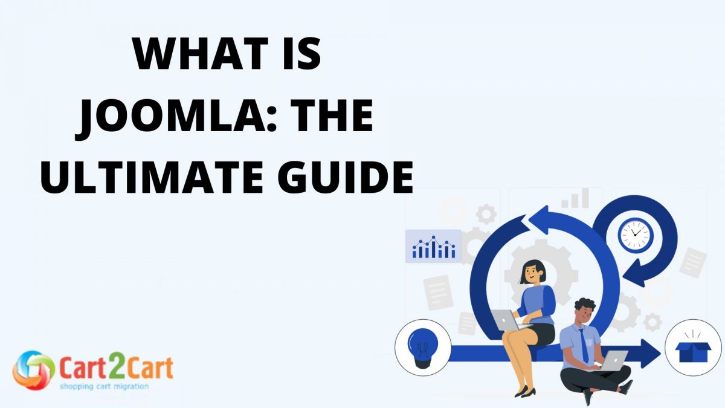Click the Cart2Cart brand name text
coord(116,367)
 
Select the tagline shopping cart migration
coord(103,386)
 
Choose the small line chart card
coord(434,246)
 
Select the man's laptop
coord(613,361)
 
